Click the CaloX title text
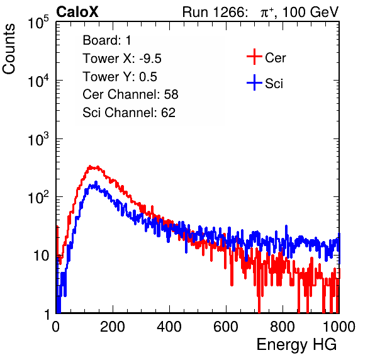click(x=77, y=12)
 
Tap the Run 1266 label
click(x=215, y=12)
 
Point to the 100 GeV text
click(x=311, y=12)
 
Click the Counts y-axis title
click(x=9, y=49)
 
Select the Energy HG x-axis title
click(x=296, y=345)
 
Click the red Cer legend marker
click(x=254, y=57)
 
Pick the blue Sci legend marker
click(x=254, y=82)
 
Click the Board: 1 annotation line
click(x=107, y=40)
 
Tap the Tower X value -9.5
click(x=150, y=59)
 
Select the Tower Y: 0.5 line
click(x=120, y=77)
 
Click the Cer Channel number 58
click(x=171, y=94)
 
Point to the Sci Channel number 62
click(x=168, y=113)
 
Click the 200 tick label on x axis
click(x=113, y=327)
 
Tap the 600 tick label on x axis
click(x=226, y=327)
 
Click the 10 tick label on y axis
click(x=41, y=256)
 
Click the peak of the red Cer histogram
click(x=90, y=166)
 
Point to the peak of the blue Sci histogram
click(x=96, y=182)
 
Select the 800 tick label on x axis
click(x=283, y=327)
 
